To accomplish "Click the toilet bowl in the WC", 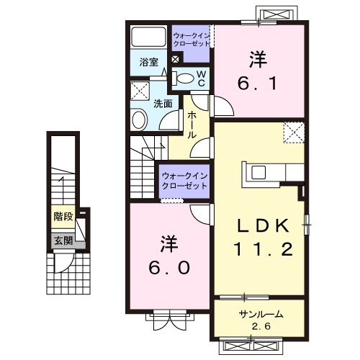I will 185,78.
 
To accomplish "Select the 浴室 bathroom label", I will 149,63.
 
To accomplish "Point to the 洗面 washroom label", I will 163,104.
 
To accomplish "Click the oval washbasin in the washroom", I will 138,120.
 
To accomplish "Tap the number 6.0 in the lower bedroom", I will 171,268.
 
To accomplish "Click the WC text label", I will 202,78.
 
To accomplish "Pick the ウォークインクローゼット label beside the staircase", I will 184,180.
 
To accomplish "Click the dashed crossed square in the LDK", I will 292,132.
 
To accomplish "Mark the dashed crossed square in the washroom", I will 139,90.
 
